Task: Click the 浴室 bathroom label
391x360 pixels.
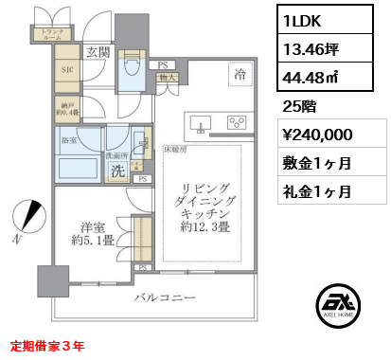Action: pos(69,139)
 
